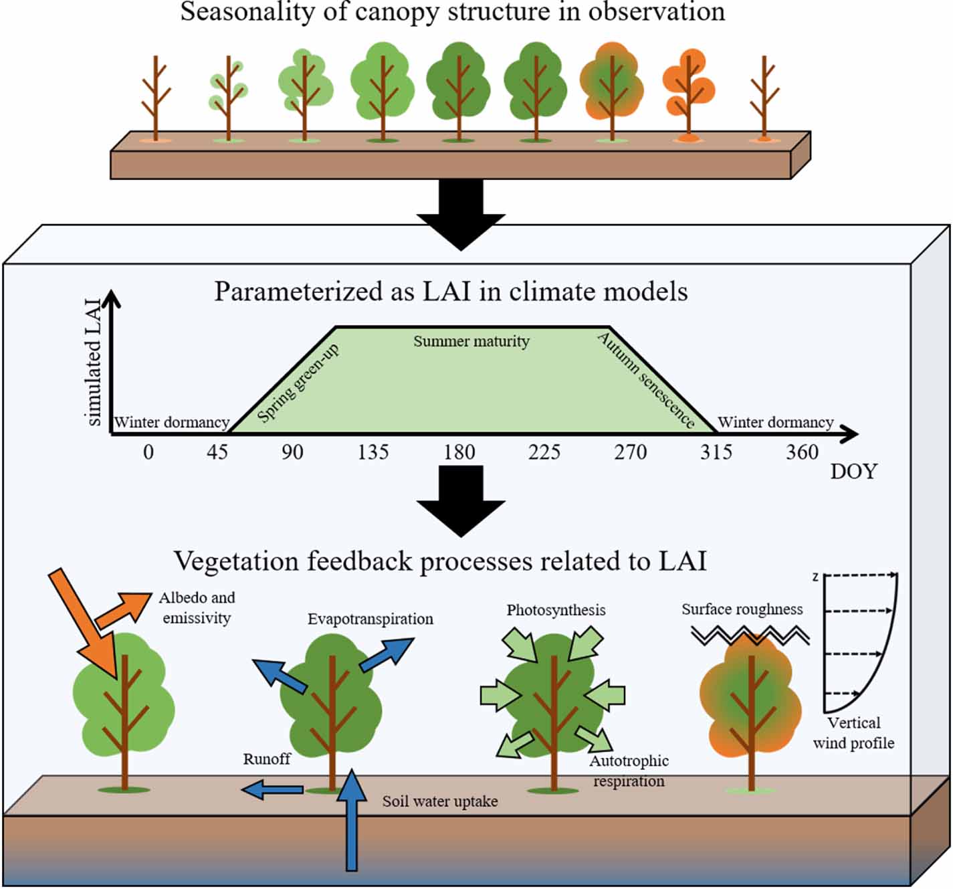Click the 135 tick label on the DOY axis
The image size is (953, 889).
click(x=373, y=452)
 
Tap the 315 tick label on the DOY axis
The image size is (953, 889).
click(x=716, y=452)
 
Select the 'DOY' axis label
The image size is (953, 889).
click(x=853, y=472)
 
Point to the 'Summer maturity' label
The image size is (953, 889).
click(x=471, y=341)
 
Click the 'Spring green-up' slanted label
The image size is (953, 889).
click(x=298, y=383)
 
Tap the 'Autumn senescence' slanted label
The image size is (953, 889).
click(x=646, y=379)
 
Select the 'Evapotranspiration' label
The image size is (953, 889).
click(x=370, y=619)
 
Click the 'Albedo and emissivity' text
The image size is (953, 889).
click(x=196, y=607)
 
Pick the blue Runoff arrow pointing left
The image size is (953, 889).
click(x=272, y=790)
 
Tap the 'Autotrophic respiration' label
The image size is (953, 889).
click(x=629, y=771)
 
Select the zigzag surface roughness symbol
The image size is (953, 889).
click(x=750, y=634)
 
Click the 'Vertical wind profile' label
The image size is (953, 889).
click(x=853, y=732)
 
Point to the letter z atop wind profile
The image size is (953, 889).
click(x=815, y=576)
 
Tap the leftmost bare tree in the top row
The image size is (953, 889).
click(x=156, y=97)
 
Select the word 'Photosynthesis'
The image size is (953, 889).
click(x=556, y=610)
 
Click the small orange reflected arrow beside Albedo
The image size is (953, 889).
click(x=124, y=608)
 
